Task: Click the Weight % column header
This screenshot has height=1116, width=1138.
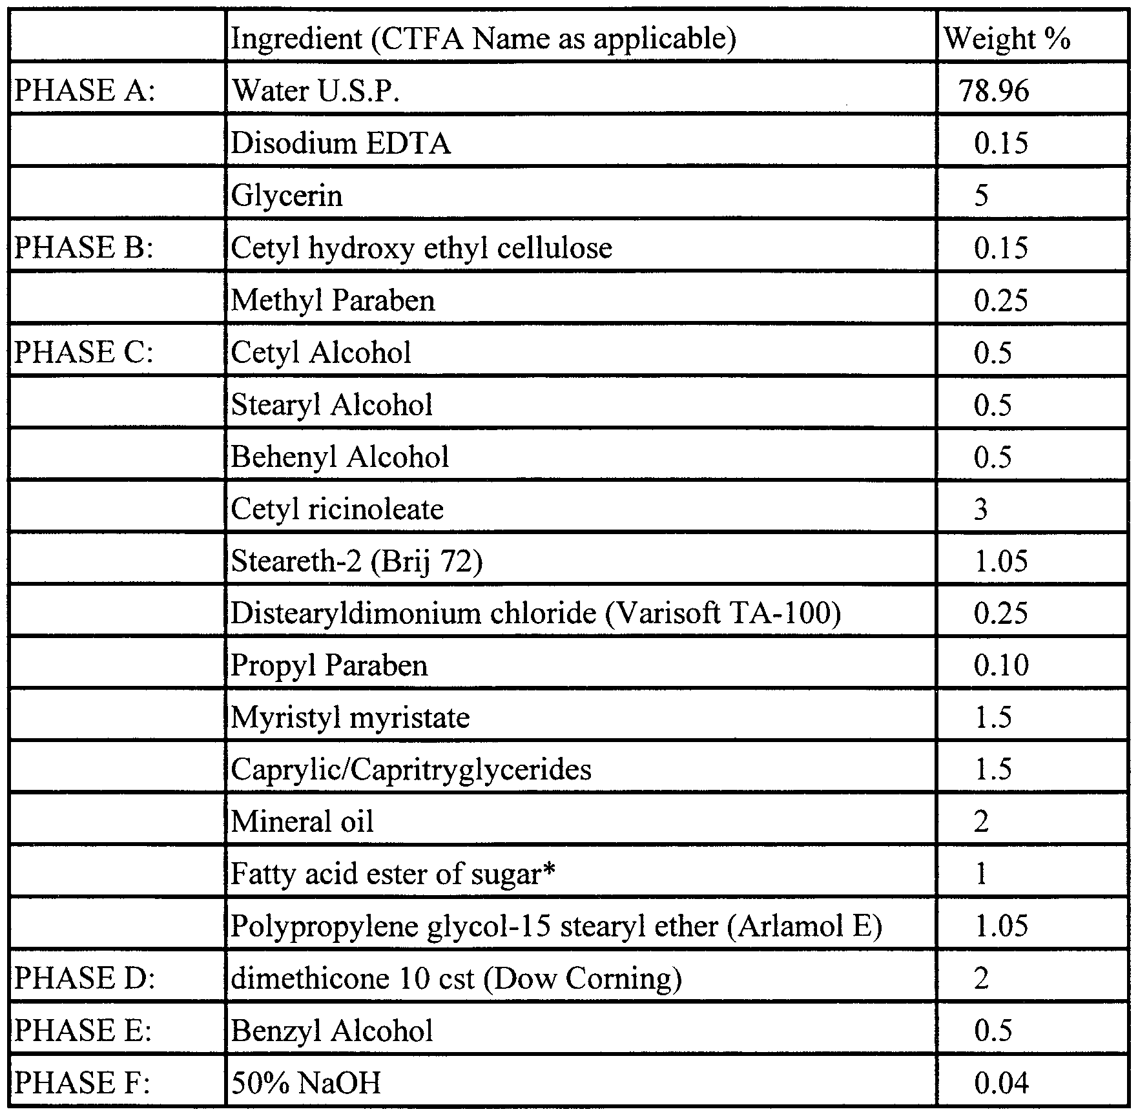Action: click(1007, 39)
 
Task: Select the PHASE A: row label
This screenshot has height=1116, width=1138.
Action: click(85, 90)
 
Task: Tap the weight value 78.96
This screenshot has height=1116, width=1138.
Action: click(993, 91)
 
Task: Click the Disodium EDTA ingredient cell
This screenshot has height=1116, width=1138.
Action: click(340, 143)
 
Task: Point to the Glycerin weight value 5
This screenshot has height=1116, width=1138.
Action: click(981, 196)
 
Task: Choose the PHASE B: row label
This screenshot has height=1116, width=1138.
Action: click(84, 248)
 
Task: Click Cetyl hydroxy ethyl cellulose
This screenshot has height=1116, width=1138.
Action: click(421, 248)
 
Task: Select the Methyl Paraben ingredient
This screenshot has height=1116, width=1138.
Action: click(333, 300)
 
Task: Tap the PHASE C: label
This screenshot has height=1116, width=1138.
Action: click(84, 353)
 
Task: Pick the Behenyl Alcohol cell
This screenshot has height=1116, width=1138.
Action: click(340, 457)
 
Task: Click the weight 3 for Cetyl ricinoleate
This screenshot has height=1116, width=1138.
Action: click(980, 510)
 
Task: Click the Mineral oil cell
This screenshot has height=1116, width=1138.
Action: click(302, 822)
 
